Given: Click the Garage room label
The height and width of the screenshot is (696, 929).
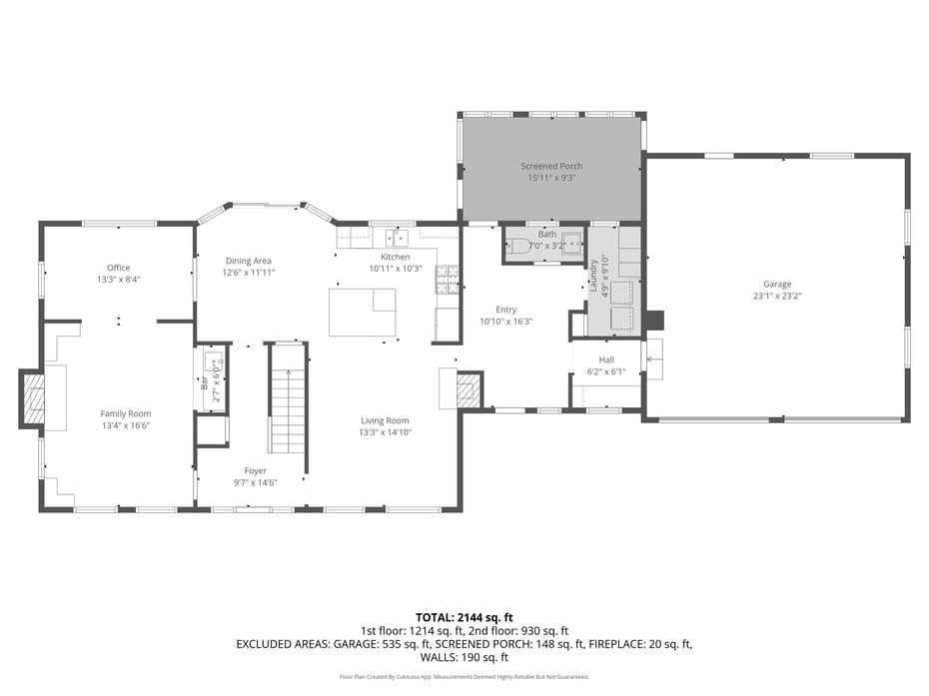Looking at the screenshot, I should point(777,284).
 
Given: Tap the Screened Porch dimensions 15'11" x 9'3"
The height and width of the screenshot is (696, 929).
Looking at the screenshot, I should point(551,178).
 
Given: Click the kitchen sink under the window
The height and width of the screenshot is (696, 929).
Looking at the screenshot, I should point(397,238).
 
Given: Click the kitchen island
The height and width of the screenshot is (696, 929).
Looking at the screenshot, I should point(362,312).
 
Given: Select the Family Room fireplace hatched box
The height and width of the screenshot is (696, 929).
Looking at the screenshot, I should point(34,398).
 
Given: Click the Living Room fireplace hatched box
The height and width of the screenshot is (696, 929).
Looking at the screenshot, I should point(466,389).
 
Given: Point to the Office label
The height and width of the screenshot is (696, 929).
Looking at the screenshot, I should point(119,267).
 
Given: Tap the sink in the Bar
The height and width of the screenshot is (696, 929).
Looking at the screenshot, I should point(212,360).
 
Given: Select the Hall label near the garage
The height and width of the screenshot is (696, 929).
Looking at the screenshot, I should point(606,359).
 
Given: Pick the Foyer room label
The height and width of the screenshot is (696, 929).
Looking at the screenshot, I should point(255,470).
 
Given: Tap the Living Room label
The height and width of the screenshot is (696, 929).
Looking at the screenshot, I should point(385,420).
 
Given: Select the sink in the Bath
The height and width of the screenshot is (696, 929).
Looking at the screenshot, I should point(570,246).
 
